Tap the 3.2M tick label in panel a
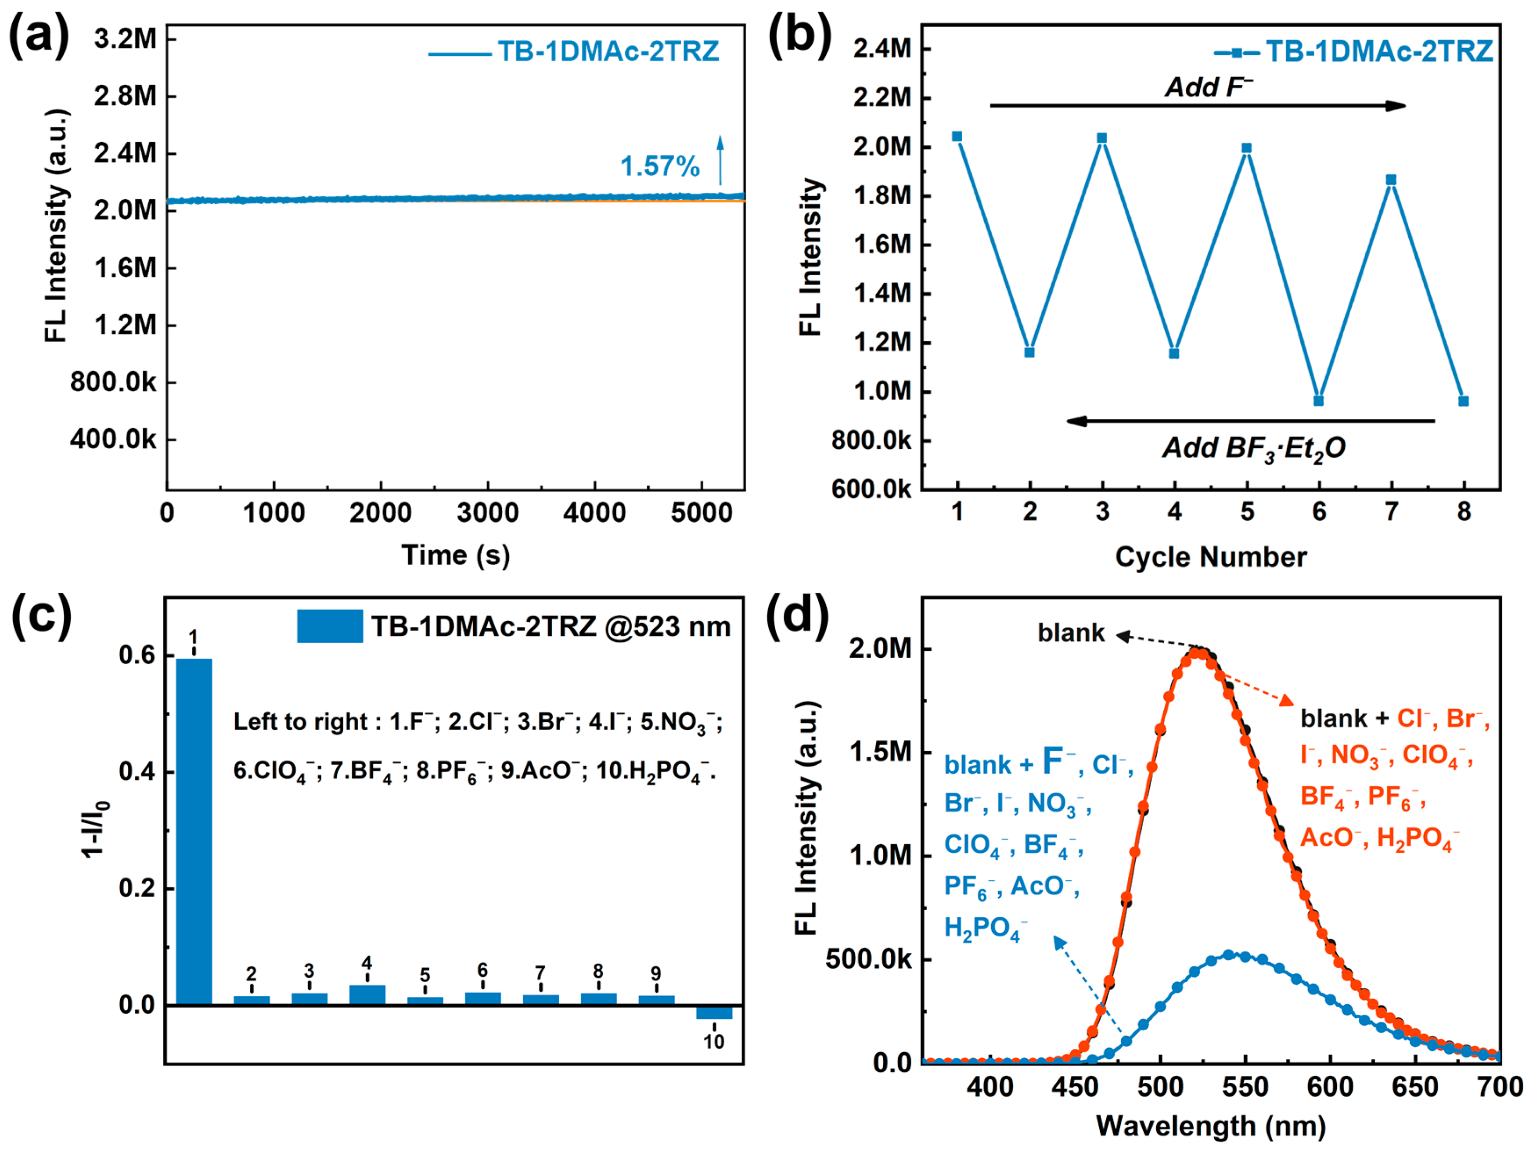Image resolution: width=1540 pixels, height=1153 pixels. pos(125,39)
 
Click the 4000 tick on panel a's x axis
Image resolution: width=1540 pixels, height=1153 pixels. pos(594,513)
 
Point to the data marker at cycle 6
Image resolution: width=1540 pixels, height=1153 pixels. pos(1319,400)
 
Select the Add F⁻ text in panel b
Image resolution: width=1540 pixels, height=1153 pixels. pos(1209,87)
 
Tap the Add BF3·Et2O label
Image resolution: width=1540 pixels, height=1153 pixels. pos(1253,448)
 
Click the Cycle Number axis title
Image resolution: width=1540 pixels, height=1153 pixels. pos(1211,557)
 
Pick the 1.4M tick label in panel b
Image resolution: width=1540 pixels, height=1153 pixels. pos(882,294)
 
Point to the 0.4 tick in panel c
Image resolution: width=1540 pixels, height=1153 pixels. pos(137,771)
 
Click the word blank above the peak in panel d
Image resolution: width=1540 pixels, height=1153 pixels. pos(1071,633)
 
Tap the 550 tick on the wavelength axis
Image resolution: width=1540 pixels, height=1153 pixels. pos(1245,1087)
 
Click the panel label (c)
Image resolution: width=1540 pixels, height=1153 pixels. pos(41,616)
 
